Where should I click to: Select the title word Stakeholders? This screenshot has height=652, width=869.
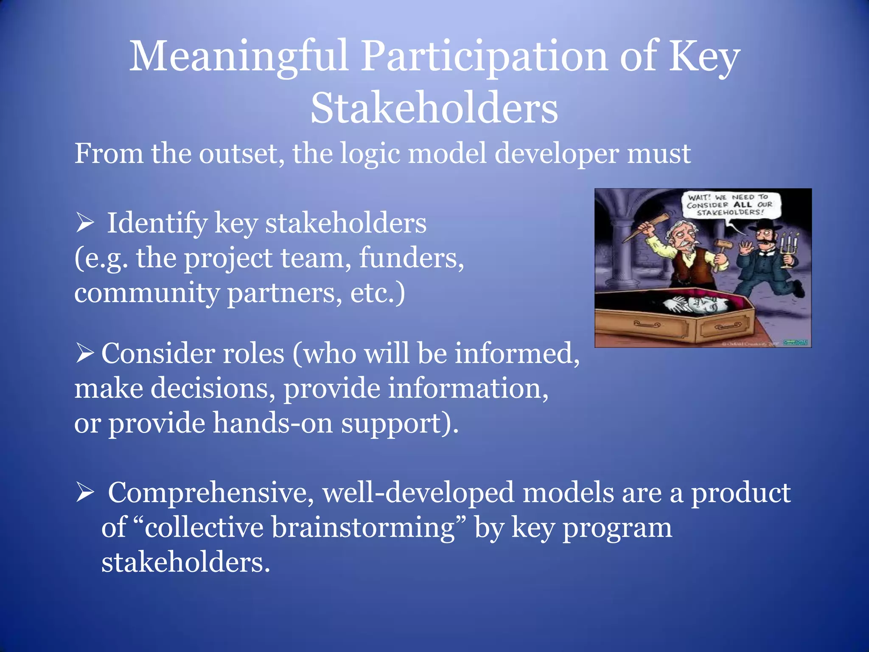434,109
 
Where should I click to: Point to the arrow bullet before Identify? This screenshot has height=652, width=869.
84,223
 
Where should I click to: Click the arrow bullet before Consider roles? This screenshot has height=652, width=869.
84,354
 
